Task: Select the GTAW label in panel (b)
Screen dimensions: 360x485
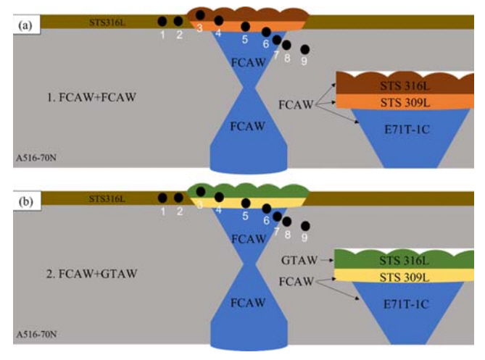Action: [x=296, y=259]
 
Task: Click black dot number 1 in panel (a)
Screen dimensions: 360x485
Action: [x=162, y=21]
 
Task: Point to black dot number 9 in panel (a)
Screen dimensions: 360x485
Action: [x=305, y=49]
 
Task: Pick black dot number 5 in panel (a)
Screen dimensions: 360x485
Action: [x=246, y=27]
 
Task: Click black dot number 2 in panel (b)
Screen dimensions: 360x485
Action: [x=178, y=197]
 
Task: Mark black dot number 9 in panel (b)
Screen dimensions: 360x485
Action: [x=305, y=226]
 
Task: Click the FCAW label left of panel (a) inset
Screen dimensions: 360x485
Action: [x=297, y=105]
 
